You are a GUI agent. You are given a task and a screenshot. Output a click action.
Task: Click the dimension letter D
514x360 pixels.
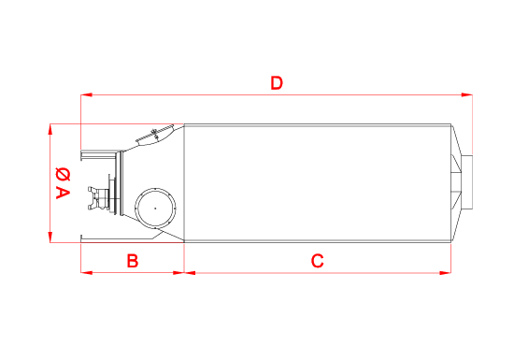click(x=277, y=83)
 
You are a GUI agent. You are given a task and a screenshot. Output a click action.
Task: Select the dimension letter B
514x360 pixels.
click(x=133, y=261)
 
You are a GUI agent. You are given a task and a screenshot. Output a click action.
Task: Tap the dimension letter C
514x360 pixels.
click(x=317, y=261)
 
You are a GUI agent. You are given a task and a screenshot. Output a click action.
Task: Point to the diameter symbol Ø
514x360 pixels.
click(x=63, y=174)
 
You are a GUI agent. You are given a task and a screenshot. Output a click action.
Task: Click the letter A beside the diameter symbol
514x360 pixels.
click(x=63, y=193)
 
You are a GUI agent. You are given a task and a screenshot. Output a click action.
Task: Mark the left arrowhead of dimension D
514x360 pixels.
click(x=86, y=94)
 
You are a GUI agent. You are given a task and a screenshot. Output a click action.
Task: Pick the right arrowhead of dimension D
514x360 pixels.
click(x=466, y=94)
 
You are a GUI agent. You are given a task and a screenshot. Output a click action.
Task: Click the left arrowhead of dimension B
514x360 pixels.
click(x=87, y=272)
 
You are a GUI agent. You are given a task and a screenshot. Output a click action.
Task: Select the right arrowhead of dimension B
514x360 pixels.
click(x=178, y=272)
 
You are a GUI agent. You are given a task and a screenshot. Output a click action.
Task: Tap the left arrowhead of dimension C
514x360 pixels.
click(x=190, y=272)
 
